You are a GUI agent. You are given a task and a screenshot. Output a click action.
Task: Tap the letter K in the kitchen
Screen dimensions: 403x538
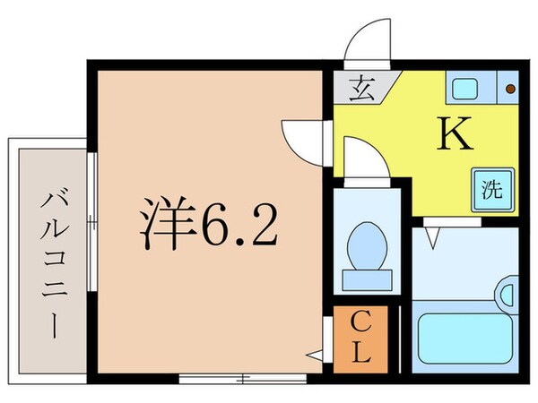(454, 135)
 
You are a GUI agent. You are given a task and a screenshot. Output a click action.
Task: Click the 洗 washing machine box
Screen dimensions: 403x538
(492, 190)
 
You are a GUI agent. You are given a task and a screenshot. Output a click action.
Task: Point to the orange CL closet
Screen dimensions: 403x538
(361, 338)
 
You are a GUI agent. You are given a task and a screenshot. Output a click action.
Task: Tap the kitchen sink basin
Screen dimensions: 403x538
(466, 88)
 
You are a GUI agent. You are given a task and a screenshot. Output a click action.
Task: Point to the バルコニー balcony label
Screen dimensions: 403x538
(49, 260)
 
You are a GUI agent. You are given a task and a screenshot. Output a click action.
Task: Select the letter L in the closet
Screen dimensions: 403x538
(361, 352)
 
